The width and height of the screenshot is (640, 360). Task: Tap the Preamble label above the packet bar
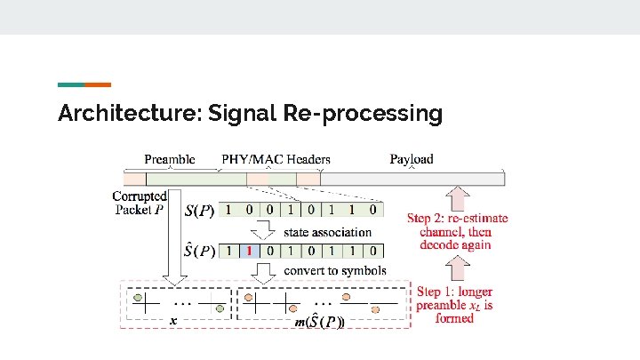pyautogui.click(x=169, y=159)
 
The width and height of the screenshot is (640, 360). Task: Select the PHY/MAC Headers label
pyautogui.click(x=276, y=159)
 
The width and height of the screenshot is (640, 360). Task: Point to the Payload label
pyautogui.click(x=412, y=159)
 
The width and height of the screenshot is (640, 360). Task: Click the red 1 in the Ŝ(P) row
pyautogui.click(x=251, y=251)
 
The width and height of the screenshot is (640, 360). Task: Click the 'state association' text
pyautogui.click(x=328, y=232)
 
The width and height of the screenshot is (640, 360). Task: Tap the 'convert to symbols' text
pyautogui.click(x=335, y=269)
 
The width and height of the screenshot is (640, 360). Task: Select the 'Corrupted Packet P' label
pyautogui.click(x=140, y=203)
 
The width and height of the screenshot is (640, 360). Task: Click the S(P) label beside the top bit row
pyautogui.click(x=199, y=212)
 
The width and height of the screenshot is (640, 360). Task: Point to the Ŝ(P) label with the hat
pyautogui.click(x=199, y=250)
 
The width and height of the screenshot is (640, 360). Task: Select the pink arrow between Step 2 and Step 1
pyautogui.click(x=458, y=268)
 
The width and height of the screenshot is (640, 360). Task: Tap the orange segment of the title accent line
pyautogui.click(x=98, y=84)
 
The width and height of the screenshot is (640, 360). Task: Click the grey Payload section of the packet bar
pyautogui.click(x=412, y=179)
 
